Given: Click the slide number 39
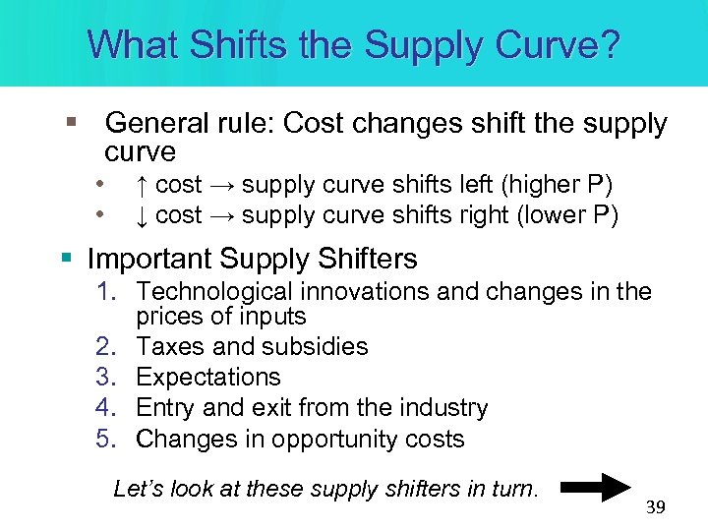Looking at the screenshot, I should pyautogui.click(x=655, y=507).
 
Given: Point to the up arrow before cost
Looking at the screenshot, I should pyautogui.click(x=143, y=184).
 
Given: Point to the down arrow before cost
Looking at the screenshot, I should pyautogui.click(x=143, y=214).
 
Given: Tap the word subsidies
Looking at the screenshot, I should pyautogui.click(x=323, y=346).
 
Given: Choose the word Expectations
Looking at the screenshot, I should pyautogui.click(x=208, y=377).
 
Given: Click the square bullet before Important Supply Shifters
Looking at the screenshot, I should pyautogui.click(x=66, y=259).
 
